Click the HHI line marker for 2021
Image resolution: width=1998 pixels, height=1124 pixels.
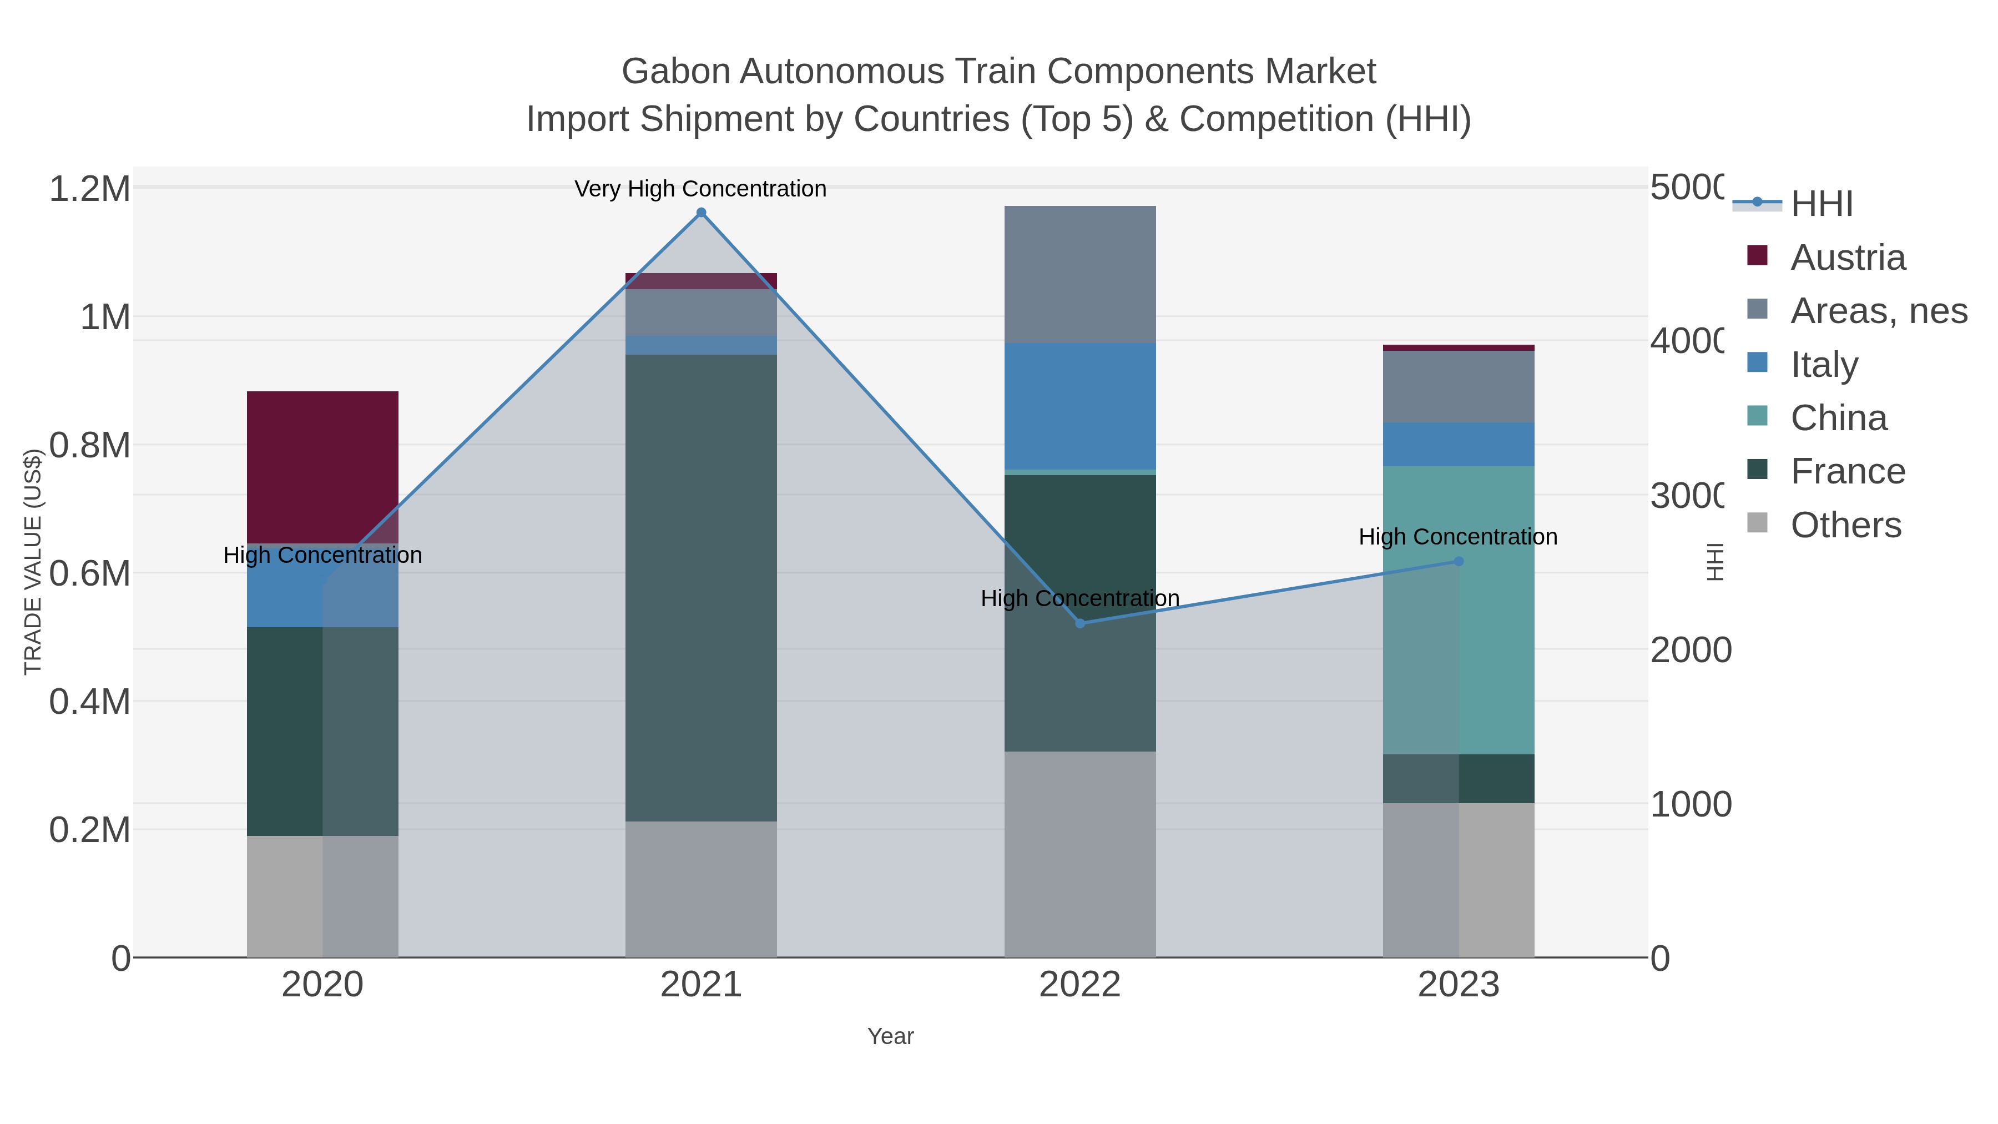pos(701,213)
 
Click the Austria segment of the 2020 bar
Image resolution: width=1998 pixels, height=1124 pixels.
pos(322,467)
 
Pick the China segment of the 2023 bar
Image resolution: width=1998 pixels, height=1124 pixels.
pos(1458,609)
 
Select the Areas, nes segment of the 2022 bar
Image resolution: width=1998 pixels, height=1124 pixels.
pos(1079,275)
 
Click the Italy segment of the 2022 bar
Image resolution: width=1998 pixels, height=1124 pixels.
pos(1079,406)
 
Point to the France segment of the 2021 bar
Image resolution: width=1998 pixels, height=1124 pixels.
pos(701,587)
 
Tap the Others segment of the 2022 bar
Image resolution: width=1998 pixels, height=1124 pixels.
pos(1079,853)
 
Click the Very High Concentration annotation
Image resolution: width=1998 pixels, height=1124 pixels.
pos(700,189)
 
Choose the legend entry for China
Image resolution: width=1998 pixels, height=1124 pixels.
pos(1838,418)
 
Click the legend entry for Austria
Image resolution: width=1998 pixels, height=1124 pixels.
pos(1848,258)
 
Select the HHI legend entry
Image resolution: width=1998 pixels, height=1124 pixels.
pos(1821,204)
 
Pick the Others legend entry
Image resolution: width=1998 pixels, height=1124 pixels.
pos(1846,525)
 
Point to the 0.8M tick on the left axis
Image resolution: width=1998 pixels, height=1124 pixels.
pos(89,445)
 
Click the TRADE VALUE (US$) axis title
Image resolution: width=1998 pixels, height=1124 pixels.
pos(33,562)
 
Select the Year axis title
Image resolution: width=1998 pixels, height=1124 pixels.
pos(890,1036)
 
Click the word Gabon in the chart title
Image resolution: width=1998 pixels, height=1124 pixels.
pos(675,72)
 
